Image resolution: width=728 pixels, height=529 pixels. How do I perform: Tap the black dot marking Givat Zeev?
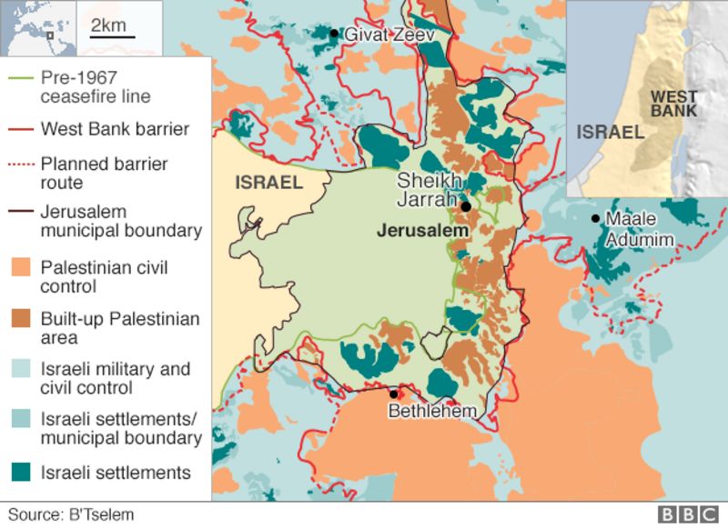pos(334,34)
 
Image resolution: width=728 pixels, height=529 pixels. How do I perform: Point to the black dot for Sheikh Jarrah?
pos(466,207)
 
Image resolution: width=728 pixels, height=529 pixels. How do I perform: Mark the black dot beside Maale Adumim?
pos(595,218)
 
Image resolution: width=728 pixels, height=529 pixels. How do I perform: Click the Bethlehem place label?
pos(432,412)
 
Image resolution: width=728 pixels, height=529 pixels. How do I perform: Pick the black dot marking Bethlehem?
pos(393,394)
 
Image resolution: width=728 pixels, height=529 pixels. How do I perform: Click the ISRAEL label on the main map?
pos(268,183)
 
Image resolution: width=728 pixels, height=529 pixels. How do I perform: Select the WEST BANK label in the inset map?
pos(673,104)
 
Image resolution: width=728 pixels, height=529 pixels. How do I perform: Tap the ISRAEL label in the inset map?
pos(609,133)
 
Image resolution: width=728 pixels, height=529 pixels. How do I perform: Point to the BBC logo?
pos(689,514)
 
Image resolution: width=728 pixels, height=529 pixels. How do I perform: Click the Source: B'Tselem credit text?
pos(71,514)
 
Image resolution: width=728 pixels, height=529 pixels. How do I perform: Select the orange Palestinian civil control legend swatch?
pos(22,268)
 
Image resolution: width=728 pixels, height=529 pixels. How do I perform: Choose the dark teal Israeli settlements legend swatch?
pos(22,473)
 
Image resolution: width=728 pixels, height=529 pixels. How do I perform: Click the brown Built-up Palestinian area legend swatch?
pos(22,319)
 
